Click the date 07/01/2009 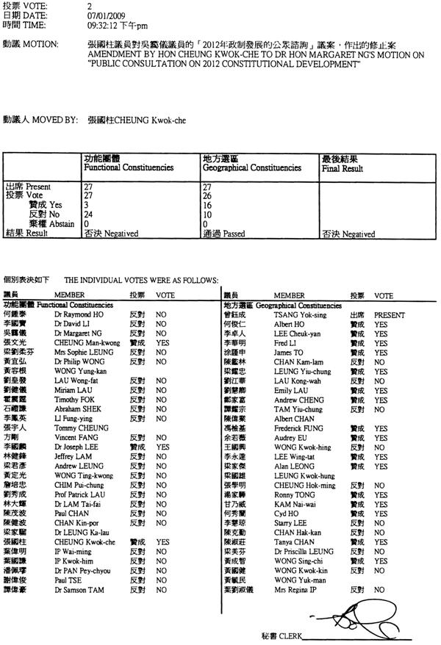point(103,15)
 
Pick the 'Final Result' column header point(343,167)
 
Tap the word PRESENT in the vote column point(390,314)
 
